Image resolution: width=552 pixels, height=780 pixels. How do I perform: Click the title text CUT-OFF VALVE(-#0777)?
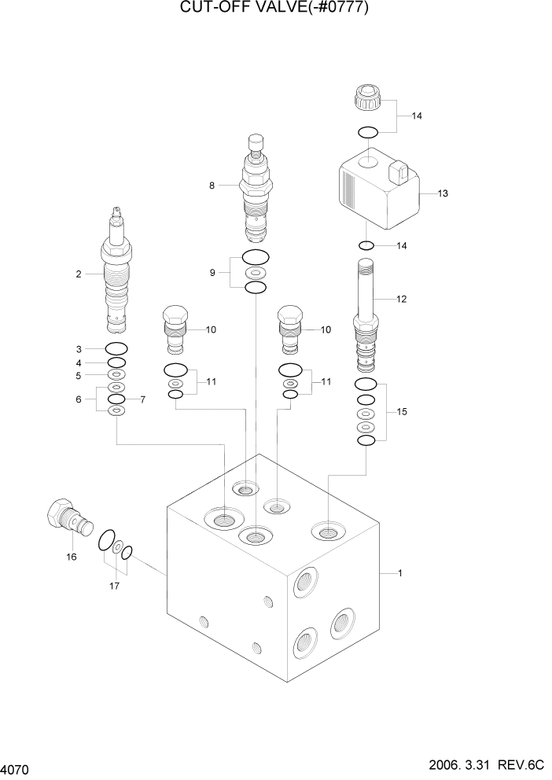pos(275,9)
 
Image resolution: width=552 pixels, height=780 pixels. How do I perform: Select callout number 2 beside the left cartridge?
pos(79,274)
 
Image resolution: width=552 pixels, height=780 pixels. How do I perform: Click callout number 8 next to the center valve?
pos(212,186)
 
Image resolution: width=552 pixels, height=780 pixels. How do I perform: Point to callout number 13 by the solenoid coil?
pos(442,193)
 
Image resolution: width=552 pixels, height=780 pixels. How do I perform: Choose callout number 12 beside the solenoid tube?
pos(401,299)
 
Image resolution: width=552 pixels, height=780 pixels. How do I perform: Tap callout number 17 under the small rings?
pos(114,585)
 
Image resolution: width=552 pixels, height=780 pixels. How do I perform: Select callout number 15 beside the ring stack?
pos(402,412)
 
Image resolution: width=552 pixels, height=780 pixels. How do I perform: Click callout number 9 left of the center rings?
pos(212,273)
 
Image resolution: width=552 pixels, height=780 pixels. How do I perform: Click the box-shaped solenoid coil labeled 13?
pos(377,189)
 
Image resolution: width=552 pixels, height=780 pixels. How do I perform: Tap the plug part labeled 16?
pos(68,518)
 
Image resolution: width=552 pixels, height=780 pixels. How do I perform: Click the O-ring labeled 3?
pos(116,348)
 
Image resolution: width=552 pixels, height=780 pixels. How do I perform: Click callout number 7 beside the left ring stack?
pos(142,400)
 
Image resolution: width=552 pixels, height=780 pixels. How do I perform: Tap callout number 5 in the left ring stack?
pos(79,376)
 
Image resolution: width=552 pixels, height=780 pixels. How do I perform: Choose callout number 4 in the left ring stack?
pos(79,362)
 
